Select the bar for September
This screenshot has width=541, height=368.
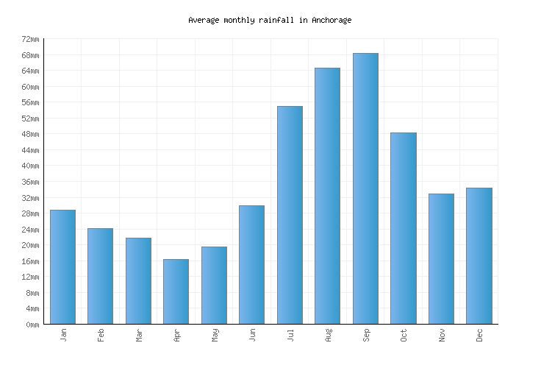(365, 188)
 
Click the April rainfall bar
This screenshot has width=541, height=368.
(176, 291)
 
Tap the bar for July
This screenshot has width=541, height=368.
(290, 215)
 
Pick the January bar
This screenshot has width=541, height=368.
(62, 266)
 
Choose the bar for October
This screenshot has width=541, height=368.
(403, 228)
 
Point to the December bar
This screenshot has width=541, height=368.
(479, 255)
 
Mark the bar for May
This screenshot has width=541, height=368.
(214, 285)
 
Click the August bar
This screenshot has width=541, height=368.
(327, 196)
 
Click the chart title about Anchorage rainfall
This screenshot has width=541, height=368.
(270, 20)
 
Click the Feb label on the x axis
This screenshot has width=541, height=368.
(101, 335)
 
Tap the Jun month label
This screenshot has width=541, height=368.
(252, 335)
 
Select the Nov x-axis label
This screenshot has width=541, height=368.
(442, 335)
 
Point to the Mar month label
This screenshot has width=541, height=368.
(139, 335)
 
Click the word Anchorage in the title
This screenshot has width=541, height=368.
(332, 20)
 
